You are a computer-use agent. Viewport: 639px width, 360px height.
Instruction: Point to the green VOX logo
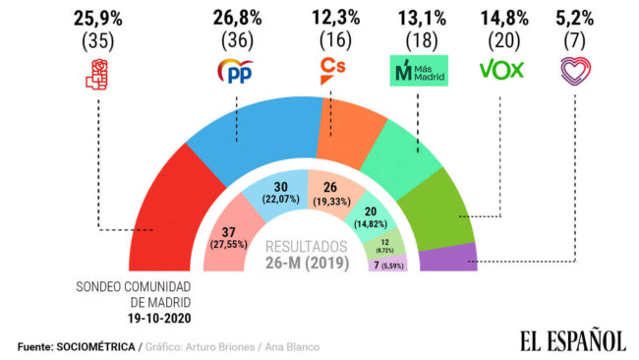[x=501, y=71]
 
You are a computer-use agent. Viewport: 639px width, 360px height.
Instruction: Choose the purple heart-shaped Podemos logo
[x=573, y=71]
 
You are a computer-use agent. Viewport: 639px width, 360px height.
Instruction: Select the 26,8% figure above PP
[x=236, y=18]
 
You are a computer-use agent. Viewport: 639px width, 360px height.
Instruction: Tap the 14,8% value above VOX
[x=501, y=18]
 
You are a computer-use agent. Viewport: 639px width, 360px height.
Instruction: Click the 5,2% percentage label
[x=574, y=18]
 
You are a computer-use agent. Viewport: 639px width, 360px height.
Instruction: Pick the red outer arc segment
[x=172, y=211]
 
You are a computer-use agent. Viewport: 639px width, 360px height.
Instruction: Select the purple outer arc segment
[x=447, y=259]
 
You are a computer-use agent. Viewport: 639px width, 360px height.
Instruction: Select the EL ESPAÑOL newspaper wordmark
[x=572, y=340]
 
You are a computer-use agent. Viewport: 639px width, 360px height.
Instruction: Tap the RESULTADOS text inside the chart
[x=307, y=246]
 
